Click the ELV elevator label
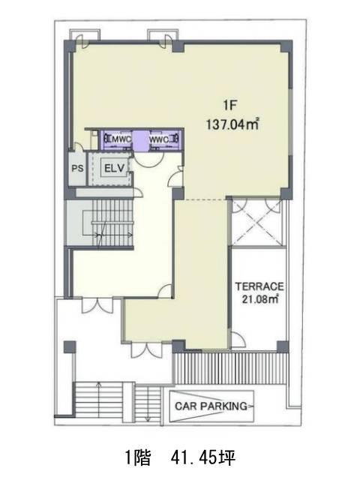tap(114, 168)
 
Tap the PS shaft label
tap(77, 168)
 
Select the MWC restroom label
tap(121, 139)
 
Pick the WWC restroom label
tap(159, 139)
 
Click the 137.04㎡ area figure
tap(232, 124)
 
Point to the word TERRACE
tap(259, 286)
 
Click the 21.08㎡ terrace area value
tap(260, 298)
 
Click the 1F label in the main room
tap(230, 106)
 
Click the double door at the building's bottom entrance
tap(147, 350)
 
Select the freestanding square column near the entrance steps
tap(70, 347)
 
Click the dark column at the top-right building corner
tap(286, 46)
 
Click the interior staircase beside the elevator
tap(112, 223)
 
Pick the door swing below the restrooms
tap(148, 160)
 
